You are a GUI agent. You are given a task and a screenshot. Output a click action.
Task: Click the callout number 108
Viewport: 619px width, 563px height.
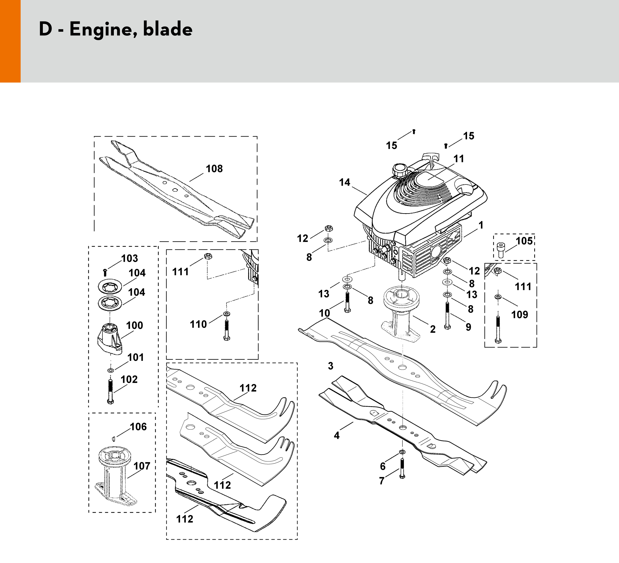(214, 169)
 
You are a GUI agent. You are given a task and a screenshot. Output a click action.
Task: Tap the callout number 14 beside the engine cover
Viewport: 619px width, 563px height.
(345, 183)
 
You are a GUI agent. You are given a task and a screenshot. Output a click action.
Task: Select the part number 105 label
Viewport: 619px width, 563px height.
(524, 241)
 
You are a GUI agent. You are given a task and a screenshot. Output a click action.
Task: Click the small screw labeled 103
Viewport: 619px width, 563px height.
(105, 272)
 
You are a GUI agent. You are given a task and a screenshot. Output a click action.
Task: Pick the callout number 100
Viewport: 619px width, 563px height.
(135, 325)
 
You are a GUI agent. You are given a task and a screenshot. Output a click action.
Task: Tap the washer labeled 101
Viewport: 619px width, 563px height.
(111, 371)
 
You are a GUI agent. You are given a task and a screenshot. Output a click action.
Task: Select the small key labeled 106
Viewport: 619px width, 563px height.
(113, 438)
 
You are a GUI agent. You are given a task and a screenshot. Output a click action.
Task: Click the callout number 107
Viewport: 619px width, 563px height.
(141, 466)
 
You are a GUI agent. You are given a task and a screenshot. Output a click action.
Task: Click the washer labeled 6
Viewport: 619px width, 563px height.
(402, 452)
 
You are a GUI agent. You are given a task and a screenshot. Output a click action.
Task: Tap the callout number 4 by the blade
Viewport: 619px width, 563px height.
(337, 435)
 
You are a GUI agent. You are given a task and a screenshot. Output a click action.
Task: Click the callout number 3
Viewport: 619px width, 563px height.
(330, 366)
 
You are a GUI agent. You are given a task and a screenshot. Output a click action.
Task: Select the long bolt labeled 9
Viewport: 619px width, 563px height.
(447, 315)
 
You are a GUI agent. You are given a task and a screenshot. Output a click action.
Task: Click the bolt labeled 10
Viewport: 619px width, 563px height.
(347, 302)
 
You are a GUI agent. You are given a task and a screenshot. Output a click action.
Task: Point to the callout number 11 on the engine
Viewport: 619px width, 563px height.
(459, 159)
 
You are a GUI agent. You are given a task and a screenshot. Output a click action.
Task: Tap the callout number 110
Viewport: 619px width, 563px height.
(198, 324)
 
